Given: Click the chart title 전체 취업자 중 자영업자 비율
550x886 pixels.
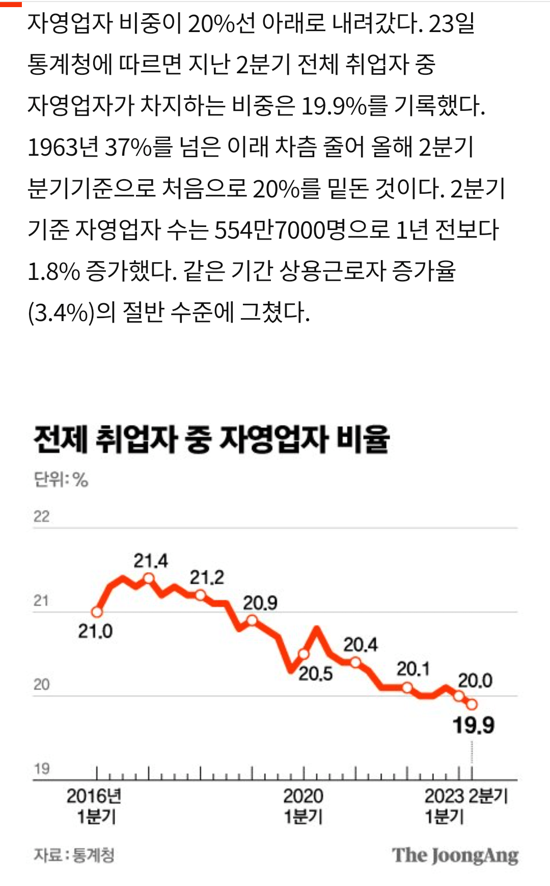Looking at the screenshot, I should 211,439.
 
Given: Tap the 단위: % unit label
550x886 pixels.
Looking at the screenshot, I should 61,479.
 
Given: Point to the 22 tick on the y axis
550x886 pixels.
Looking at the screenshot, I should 41,517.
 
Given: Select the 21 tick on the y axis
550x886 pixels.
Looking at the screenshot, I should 41,601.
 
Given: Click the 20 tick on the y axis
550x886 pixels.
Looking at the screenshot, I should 41,684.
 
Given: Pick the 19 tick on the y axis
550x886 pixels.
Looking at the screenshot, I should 41,768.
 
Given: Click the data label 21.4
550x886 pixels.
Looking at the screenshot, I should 150,561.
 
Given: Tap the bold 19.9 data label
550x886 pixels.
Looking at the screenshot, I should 473,725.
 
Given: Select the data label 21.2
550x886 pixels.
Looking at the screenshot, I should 207,578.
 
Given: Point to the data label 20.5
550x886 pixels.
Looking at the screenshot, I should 315,674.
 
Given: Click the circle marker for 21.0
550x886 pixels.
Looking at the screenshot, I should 97,612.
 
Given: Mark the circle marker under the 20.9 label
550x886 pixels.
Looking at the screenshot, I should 252,620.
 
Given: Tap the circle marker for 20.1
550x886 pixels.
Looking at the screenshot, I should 407,688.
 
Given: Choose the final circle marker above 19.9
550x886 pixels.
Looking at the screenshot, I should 472,704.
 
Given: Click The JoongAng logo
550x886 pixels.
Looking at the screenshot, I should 455,855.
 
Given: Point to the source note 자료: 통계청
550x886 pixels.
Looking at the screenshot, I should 74,855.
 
